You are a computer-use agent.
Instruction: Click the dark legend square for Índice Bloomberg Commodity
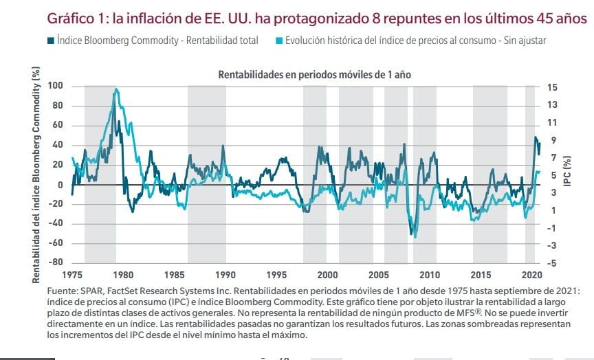(x=51, y=41)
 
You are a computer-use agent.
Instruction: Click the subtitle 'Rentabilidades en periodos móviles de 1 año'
(x=314, y=74)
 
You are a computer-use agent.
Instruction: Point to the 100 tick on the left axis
(x=56, y=86)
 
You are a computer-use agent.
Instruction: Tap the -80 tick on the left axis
(x=56, y=262)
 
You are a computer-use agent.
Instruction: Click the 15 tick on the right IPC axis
(x=552, y=87)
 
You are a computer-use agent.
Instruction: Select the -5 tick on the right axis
(x=552, y=262)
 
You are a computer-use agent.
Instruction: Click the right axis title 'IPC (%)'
(x=567, y=174)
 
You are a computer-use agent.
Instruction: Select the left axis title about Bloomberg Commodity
(x=36, y=174)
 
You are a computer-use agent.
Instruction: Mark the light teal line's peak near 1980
(x=115, y=89)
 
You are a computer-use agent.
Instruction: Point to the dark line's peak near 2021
(x=536, y=137)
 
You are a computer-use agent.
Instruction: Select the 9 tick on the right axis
(x=552, y=139)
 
